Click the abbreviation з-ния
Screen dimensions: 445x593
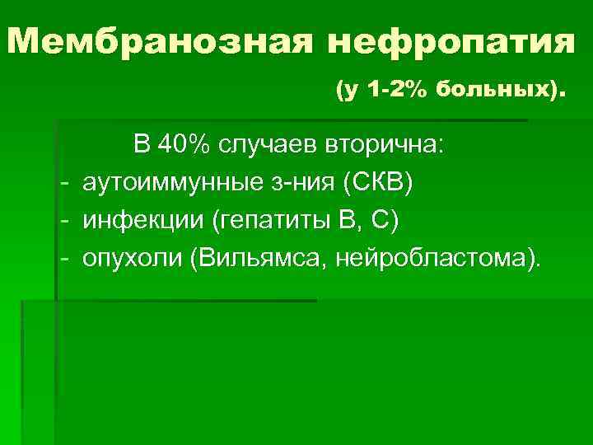[301, 182]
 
